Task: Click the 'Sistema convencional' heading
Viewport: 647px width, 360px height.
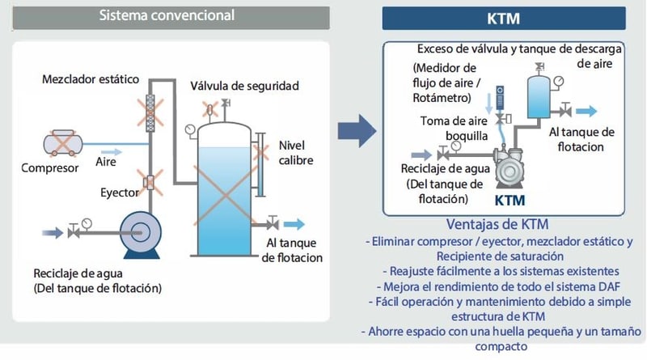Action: pos(167,15)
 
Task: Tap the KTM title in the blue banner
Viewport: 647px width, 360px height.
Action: pos(504,17)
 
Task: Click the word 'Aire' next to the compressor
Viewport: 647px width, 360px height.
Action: pos(108,161)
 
